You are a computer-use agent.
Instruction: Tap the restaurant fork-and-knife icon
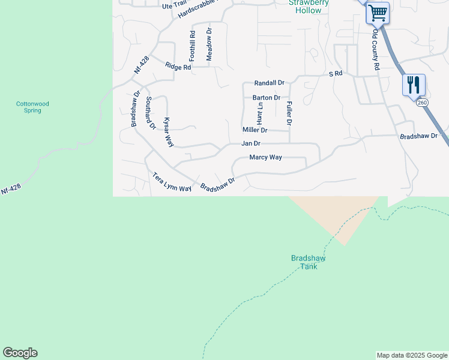[414, 85]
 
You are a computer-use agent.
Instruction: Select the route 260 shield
[423, 103]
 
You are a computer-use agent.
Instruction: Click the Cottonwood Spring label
[32, 107]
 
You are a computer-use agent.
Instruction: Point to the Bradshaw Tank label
[308, 262]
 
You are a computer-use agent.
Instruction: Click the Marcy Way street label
[266, 158]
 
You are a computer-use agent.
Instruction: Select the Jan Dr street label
[251, 143]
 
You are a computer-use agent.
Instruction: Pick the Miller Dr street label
[255, 130]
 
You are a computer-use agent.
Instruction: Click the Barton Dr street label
[267, 97]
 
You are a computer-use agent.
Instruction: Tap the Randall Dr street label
[269, 83]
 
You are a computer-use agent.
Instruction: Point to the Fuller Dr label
[289, 113]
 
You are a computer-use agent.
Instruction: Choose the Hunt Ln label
[261, 113]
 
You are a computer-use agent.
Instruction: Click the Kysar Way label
[169, 132]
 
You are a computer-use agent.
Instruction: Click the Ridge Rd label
[178, 67]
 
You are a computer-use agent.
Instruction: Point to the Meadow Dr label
[209, 44]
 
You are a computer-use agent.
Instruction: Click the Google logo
[20, 353]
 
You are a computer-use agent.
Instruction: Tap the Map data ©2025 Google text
[411, 355]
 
